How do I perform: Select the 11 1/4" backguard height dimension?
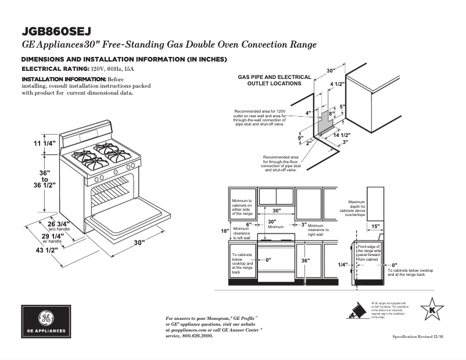pos(45,143)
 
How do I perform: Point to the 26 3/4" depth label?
pos(59,224)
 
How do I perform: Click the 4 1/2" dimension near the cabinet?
pos(337,84)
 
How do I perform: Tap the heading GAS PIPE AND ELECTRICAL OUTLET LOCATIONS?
pos(275,80)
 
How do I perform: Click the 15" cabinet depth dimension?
pos(375,226)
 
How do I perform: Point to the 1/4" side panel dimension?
pos(343,264)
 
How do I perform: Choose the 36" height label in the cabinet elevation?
pos(305,261)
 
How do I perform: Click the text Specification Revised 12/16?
pos(417,337)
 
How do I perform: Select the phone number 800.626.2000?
pos(193,336)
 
